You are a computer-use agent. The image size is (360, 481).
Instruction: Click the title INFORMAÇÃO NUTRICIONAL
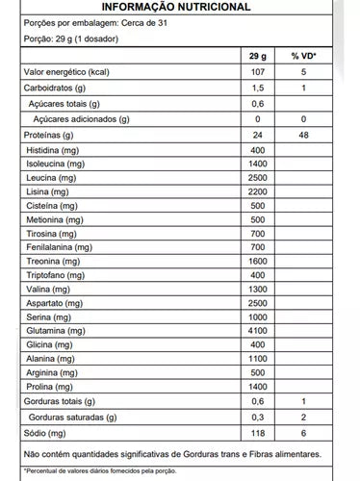click(180, 7)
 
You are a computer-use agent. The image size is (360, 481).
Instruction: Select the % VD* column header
click(303, 58)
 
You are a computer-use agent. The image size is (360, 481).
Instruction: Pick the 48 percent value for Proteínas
click(303, 136)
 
